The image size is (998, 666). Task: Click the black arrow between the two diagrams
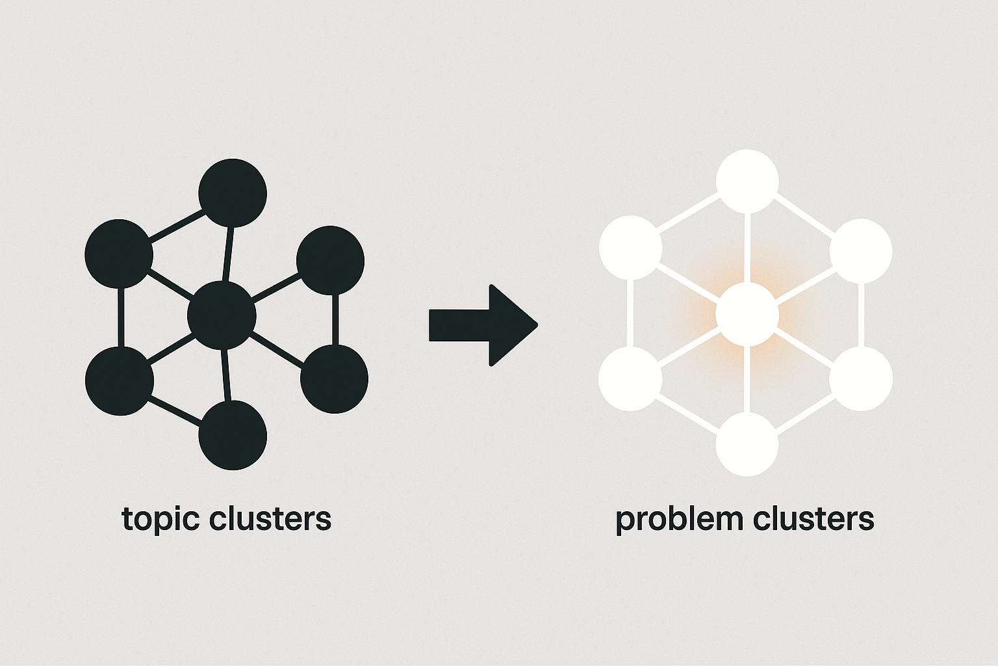click(x=484, y=325)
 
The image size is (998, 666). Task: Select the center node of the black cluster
click(x=222, y=315)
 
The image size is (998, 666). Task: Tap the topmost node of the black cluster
click(x=233, y=193)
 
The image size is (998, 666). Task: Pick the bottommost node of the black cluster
click(x=233, y=435)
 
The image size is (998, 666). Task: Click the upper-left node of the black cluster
click(x=119, y=254)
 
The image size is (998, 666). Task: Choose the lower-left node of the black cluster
click(x=120, y=381)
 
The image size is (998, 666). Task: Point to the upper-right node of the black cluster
click(x=330, y=260)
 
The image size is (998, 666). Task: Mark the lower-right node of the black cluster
click(x=334, y=379)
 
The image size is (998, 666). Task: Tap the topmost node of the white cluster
click(x=747, y=181)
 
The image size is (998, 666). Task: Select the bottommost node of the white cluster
click(x=747, y=444)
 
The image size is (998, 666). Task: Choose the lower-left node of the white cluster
click(x=630, y=379)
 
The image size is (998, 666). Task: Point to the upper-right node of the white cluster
click(x=861, y=251)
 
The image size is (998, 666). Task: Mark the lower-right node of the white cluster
click(x=861, y=379)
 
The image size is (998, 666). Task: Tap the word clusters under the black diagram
click(x=270, y=518)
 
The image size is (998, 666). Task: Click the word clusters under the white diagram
click(x=813, y=518)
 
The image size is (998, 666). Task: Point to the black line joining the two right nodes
click(x=335, y=319)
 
